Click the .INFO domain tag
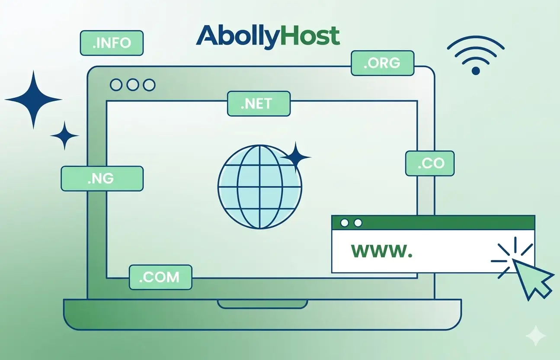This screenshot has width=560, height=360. (112, 43)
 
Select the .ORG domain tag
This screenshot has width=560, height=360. (382, 63)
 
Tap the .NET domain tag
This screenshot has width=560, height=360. (258, 103)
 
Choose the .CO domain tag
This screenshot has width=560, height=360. (430, 164)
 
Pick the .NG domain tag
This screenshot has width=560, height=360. (102, 179)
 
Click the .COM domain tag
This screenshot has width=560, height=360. (160, 277)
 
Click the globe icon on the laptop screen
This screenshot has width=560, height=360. (259, 186)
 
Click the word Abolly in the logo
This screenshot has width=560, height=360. (236, 36)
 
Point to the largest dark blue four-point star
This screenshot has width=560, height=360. (33, 100)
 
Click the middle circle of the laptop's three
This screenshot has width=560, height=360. (132, 85)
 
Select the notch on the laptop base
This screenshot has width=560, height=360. (262, 304)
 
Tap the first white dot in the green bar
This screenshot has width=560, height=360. (345, 223)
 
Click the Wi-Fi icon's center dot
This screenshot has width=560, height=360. (476, 71)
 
